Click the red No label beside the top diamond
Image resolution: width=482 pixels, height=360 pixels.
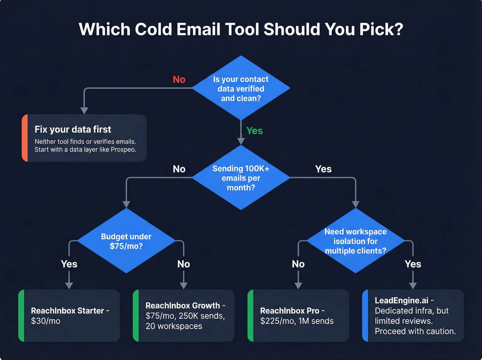coord(179,80)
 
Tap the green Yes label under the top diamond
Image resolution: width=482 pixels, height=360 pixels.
coord(254,131)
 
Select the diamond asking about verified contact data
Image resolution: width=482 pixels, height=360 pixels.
coord(241,89)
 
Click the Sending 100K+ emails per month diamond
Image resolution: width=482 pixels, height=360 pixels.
coord(241,178)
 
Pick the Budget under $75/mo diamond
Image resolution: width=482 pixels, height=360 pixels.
coord(126,241)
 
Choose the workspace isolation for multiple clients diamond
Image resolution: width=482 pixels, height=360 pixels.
coord(355,241)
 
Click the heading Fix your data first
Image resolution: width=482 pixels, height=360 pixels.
coord(73,130)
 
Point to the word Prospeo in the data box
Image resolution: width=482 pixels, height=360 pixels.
coord(122,150)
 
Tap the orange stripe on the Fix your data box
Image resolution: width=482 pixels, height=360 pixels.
coord(24,138)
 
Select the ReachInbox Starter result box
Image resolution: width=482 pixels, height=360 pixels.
coord(69,316)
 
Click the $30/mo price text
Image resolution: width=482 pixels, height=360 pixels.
coord(45,321)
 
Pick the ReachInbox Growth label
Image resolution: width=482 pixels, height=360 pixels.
coord(182,306)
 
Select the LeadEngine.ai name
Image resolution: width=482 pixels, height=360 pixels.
coord(401,300)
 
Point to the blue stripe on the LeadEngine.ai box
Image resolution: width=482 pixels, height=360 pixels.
coord(365,316)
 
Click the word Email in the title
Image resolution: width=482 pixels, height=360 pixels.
coord(198,29)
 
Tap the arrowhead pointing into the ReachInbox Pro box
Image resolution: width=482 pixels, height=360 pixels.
coord(298,286)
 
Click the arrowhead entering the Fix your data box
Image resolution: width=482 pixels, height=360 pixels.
coord(84,111)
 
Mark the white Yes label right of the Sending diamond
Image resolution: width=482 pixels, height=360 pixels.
coord(323,169)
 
